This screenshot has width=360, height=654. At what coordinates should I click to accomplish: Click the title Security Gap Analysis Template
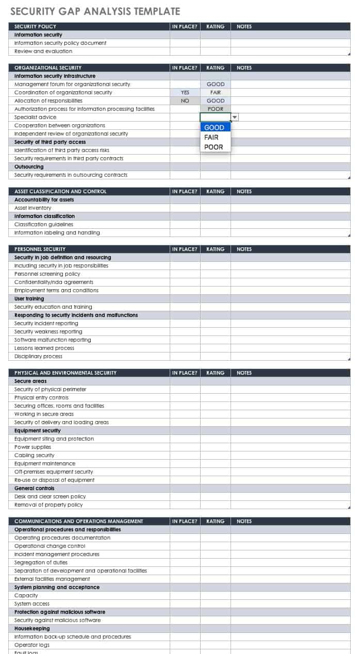pyautogui.click(x=95, y=11)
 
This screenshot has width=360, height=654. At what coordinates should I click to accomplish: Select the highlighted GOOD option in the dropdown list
pyautogui.click(x=215, y=127)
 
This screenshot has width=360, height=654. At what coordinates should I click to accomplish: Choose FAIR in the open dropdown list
pyautogui.click(x=211, y=137)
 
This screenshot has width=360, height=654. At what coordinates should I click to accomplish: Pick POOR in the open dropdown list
pyautogui.click(x=214, y=147)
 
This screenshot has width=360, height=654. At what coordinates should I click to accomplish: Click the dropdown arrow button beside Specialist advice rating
pyautogui.click(x=235, y=118)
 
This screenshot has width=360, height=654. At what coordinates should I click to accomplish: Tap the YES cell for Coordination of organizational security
pyautogui.click(x=185, y=93)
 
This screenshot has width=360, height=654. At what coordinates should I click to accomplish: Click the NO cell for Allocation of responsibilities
pyautogui.click(x=185, y=101)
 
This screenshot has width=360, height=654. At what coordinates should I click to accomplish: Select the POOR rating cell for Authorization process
pyautogui.click(x=216, y=109)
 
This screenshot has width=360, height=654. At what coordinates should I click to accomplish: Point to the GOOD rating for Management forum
pyautogui.click(x=216, y=85)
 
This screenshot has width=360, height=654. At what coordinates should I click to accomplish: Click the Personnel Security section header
pyautogui.click(x=40, y=249)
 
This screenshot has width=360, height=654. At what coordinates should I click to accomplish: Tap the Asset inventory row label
pyautogui.click(x=33, y=208)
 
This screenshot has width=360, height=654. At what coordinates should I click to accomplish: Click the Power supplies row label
pyautogui.click(x=33, y=447)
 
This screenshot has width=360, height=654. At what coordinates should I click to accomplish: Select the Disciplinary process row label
pyautogui.click(x=38, y=357)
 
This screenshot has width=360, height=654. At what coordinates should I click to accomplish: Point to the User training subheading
pyautogui.click(x=29, y=299)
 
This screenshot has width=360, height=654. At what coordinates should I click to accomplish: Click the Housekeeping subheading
pyautogui.click(x=32, y=629)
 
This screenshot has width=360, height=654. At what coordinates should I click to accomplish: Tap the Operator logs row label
pyautogui.click(x=32, y=645)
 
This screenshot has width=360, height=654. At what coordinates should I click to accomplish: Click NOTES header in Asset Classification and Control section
pyautogui.click(x=244, y=192)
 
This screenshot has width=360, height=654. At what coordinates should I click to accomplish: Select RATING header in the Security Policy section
pyautogui.click(x=216, y=27)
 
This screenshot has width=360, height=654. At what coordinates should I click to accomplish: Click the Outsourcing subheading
pyautogui.click(x=29, y=167)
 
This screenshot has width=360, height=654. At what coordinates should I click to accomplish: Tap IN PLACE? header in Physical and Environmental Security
pyautogui.click(x=185, y=373)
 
